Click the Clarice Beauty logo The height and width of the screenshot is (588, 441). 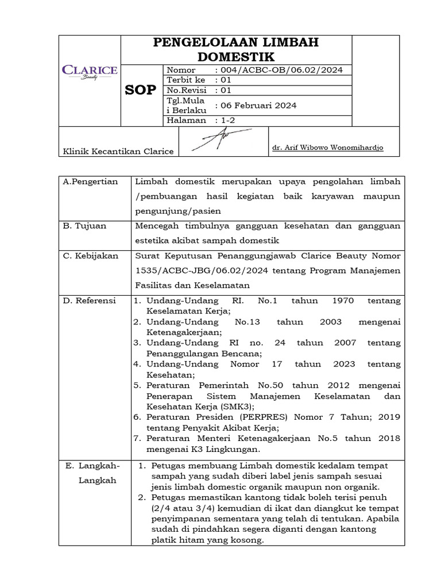pos(90,72)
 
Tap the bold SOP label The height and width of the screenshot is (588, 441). pos(140,90)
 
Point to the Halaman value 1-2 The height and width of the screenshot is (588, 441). pos(225,120)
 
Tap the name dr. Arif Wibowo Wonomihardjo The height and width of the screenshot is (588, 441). pos(328,148)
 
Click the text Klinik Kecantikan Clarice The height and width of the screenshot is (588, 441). pos(118,152)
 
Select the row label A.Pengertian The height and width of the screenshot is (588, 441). pos(90,181)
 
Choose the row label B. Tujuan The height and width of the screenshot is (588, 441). pos(84,226)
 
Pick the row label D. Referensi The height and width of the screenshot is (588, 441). pos(89,300)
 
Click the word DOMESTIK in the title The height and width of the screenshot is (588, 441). pos(236,56)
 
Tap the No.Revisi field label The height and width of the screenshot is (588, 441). pos(186,90)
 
